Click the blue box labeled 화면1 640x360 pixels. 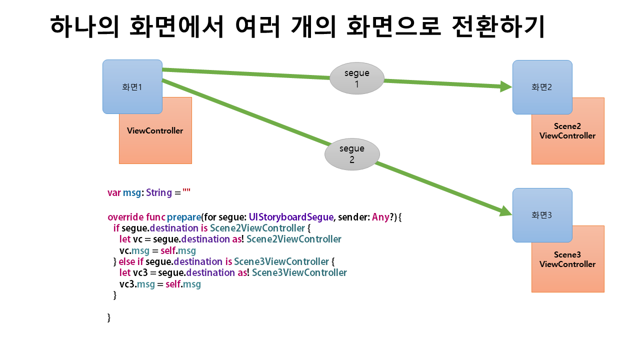[x=132, y=87]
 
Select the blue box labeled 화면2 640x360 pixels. [x=542, y=87]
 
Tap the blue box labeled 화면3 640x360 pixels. [x=542, y=215]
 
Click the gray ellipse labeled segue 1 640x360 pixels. [x=357, y=78]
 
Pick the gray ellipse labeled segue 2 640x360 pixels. [x=352, y=154]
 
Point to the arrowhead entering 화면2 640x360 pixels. [x=505, y=86]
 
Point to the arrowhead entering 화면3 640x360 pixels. [x=505, y=211]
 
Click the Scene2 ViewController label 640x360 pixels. [x=567, y=131]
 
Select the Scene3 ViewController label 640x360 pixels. [x=567, y=259]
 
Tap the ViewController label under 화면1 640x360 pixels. [x=155, y=131]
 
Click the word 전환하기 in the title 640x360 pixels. [x=498, y=26]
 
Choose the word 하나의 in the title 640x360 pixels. [x=84, y=26]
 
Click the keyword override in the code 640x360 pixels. [x=125, y=217]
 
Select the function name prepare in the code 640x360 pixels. [x=184, y=217]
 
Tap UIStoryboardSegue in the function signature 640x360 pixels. [x=291, y=217]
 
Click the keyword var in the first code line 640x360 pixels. [x=114, y=193]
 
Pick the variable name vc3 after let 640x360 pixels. [x=140, y=273]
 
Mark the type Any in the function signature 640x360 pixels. [x=380, y=217]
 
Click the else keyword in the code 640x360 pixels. [x=127, y=261]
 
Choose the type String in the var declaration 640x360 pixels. [x=159, y=193]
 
